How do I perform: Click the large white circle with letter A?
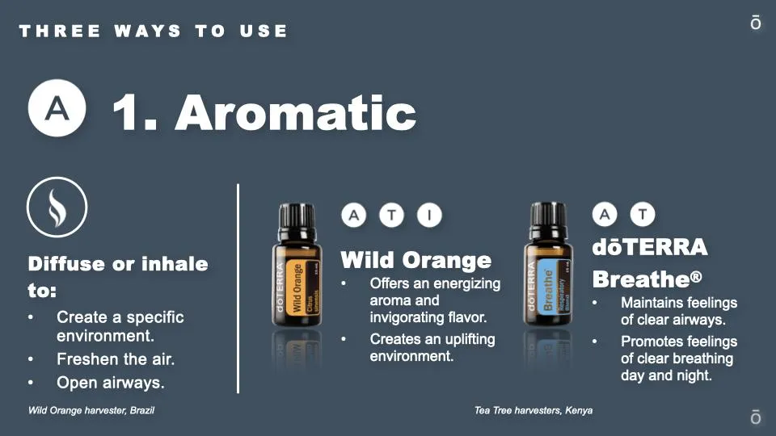pos(57,107)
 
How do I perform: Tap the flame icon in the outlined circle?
pos(57,208)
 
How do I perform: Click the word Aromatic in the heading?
pos(296,113)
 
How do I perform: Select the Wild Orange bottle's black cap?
pos(297,216)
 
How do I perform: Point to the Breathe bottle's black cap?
pos(548,215)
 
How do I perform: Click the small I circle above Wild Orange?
pos(429,215)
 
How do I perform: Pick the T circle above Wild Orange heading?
pos(391,215)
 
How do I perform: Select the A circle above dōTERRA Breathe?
pos(605,214)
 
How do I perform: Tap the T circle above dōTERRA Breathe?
pos(643,214)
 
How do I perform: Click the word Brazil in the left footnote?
pos(142,410)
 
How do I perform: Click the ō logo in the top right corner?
pos(755,23)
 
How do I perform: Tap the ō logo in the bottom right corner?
pos(755,417)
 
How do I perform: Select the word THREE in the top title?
pos(60,31)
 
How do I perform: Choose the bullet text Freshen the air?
pos(116,358)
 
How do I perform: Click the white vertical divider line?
pos(238,289)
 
